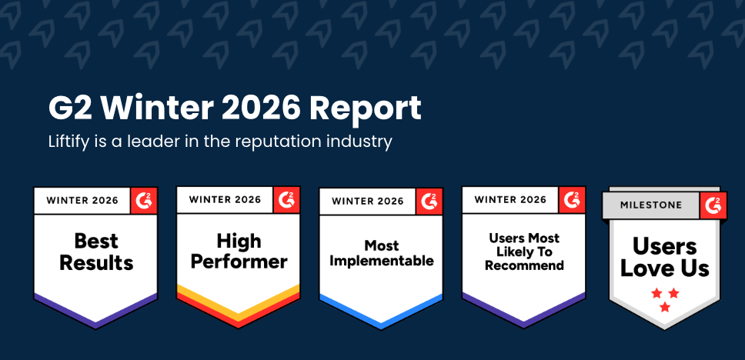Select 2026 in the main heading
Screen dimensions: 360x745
[x=255, y=108]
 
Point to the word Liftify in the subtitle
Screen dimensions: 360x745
[x=71, y=142]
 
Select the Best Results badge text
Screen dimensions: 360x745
[x=96, y=252]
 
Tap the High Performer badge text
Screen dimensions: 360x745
[x=239, y=252]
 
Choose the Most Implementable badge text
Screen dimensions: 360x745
[x=382, y=253]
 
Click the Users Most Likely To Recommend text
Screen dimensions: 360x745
[x=524, y=252]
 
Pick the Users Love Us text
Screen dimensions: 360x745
[x=665, y=257]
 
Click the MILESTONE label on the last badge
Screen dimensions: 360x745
[x=652, y=205]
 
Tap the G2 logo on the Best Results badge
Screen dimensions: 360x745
[x=144, y=200]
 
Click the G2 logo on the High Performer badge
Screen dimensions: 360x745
[x=286, y=200]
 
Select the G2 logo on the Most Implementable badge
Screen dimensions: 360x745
[x=429, y=201]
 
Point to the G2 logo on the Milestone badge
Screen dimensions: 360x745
[x=713, y=205]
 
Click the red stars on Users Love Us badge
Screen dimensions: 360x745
[x=665, y=299]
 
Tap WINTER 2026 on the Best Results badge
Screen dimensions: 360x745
[x=82, y=201]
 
